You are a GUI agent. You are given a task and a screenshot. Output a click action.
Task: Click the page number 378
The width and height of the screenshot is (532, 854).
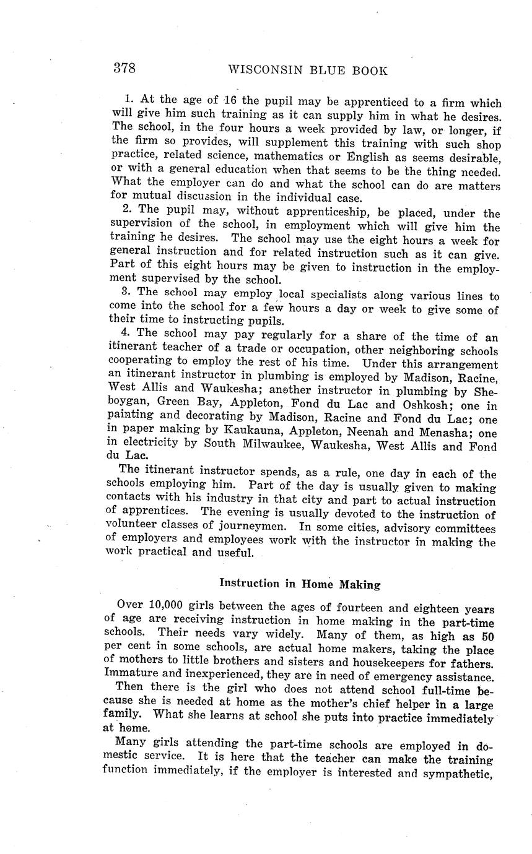click(x=124, y=68)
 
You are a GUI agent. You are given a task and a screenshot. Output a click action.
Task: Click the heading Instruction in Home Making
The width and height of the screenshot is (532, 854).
click(x=300, y=584)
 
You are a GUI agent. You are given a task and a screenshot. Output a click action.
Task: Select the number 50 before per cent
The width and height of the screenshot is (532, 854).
click(x=487, y=636)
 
